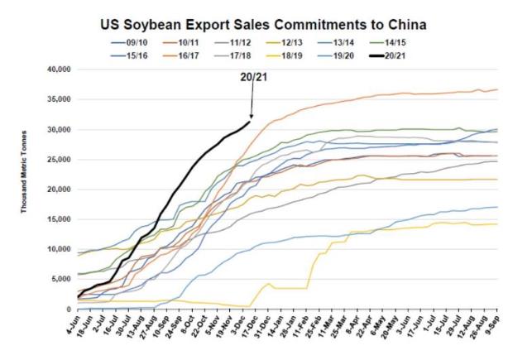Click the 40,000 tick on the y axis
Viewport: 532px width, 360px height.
click(59, 70)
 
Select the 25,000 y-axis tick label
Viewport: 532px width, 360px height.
click(59, 160)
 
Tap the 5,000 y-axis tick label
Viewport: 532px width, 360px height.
click(61, 280)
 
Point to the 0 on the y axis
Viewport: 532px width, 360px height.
click(69, 310)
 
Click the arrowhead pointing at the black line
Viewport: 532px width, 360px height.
click(251, 118)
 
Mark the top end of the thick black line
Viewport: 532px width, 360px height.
click(250, 122)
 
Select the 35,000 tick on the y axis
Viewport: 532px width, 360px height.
click(59, 99)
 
